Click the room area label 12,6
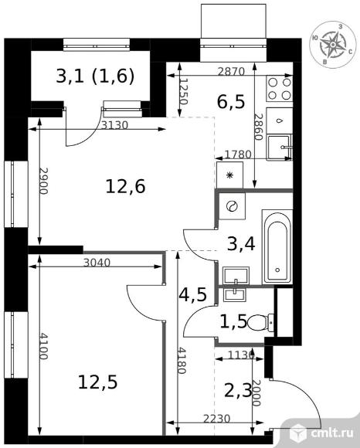click(x=125, y=186)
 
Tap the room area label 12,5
click(x=97, y=382)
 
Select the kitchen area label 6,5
click(x=231, y=102)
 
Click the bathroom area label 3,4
click(x=241, y=244)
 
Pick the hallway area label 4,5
click(x=192, y=294)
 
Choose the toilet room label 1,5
click(x=233, y=322)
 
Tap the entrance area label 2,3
click(x=238, y=391)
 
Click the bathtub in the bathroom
click(x=277, y=247)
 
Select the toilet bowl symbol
click(x=260, y=323)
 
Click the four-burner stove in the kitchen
click(x=280, y=88)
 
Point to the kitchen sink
click(x=280, y=148)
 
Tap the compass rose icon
click(x=333, y=45)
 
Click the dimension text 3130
click(x=115, y=125)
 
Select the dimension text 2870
click(x=231, y=71)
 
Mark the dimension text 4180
click(x=182, y=360)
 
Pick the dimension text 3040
click(x=97, y=263)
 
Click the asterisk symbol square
click(x=229, y=175)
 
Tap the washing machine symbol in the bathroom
click(x=232, y=206)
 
